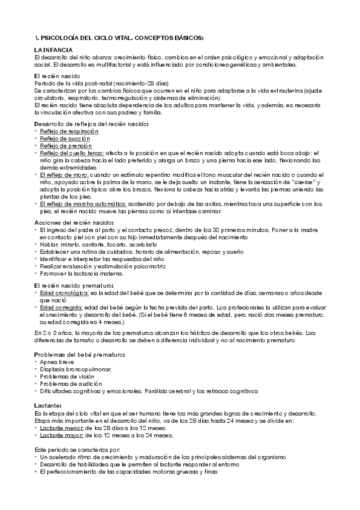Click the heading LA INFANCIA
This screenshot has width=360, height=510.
pos(53,49)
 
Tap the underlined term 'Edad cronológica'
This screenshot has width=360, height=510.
pos(64,293)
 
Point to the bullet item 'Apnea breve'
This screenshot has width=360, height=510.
pos(56,362)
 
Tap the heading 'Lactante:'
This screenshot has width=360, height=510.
pos(46,407)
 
